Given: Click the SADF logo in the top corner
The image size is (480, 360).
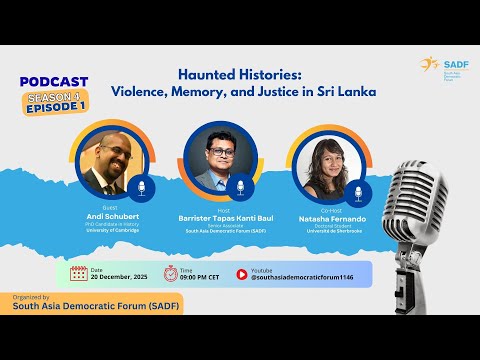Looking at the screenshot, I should click(x=441, y=65).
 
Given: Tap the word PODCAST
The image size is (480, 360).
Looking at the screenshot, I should click(x=55, y=81).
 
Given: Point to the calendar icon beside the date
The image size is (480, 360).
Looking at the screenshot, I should click(x=78, y=273).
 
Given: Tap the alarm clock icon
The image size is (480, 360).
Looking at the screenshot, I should click(x=170, y=273).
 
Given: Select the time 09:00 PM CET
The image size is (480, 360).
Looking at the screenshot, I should click(x=204, y=277).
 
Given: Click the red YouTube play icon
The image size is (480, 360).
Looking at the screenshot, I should click(x=242, y=273).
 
